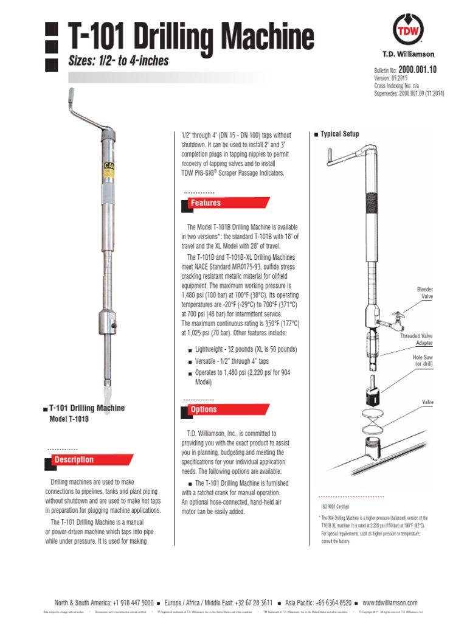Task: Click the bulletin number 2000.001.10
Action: click(x=418, y=70)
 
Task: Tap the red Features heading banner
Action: click(x=206, y=203)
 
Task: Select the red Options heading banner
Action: click(x=204, y=410)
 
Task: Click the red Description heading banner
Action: click(x=74, y=460)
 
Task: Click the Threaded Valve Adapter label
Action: click(x=417, y=339)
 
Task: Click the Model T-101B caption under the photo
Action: click(x=69, y=420)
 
